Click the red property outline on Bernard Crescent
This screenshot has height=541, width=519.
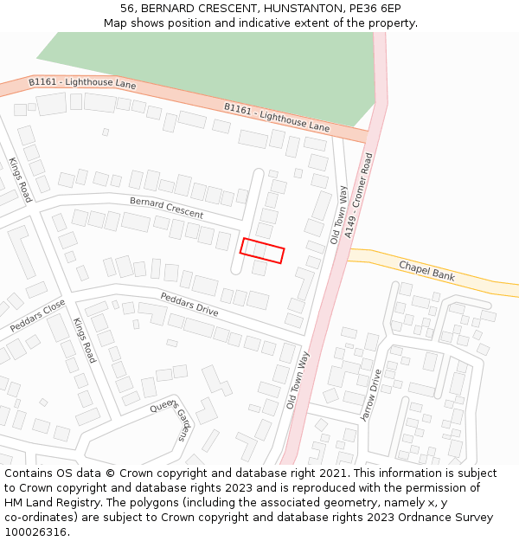(x=262, y=250)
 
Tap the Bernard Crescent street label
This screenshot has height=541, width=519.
(x=167, y=207)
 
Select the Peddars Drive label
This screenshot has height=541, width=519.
(x=189, y=304)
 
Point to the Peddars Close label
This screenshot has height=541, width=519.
(x=37, y=316)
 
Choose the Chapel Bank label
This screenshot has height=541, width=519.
(x=426, y=270)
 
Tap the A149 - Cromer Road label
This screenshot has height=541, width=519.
(x=360, y=196)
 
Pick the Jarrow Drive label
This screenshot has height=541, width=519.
(x=371, y=396)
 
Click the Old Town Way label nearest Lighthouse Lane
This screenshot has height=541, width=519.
(x=338, y=215)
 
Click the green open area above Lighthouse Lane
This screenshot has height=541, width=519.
(x=208, y=61)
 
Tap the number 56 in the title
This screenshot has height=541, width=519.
(x=127, y=8)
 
